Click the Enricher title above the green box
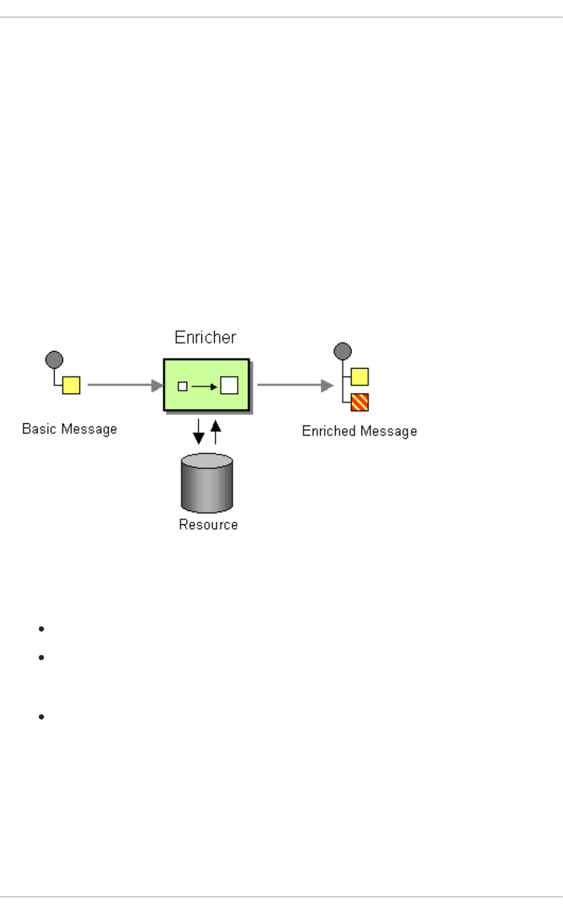click(x=205, y=337)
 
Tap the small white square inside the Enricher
click(x=182, y=386)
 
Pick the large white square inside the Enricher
click(x=229, y=385)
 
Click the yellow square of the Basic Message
click(x=71, y=385)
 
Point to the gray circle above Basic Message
click(x=54, y=360)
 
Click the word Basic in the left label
click(x=35, y=429)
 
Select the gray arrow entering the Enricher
click(x=125, y=385)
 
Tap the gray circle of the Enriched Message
click(x=343, y=351)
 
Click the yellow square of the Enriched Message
click(x=359, y=377)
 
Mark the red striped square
click(x=359, y=402)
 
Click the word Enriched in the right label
click(x=327, y=431)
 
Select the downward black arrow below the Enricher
click(x=198, y=432)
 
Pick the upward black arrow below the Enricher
click(x=216, y=432)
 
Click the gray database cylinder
click(x=207, y=483)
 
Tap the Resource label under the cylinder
click(x=208, y=524)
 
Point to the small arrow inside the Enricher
click(x=204, y=386)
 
